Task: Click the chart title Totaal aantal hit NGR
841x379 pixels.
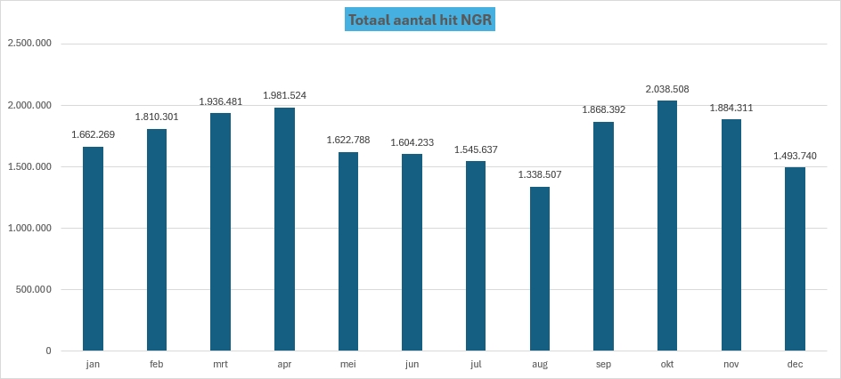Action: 420,20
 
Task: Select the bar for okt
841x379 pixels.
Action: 667,226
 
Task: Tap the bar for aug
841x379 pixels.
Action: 540,269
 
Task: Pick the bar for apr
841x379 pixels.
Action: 284,230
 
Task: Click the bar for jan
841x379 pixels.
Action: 93,249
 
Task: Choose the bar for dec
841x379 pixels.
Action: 795,259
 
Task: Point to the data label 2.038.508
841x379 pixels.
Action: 667,89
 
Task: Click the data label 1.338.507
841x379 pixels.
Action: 540,174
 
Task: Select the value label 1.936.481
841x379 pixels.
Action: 220,101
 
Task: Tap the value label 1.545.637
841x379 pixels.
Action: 476,149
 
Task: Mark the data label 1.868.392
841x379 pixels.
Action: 603,110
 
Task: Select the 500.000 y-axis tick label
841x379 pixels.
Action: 34,289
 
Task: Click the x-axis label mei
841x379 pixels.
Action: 347,365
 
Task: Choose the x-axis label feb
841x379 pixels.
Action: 156,365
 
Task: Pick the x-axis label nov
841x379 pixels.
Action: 731,365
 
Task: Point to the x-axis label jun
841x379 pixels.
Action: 412,365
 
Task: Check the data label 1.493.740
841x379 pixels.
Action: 795,156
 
